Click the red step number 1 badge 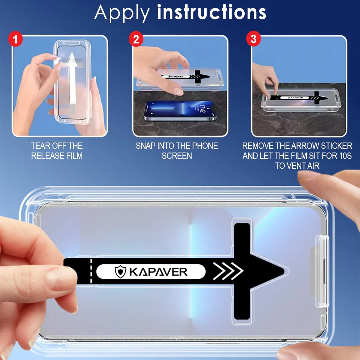[15, 39]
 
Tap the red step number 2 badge [136, 39]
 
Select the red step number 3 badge [253, 39]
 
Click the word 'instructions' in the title [212, 12]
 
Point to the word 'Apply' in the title [122, 13]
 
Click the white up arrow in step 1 [72, 78]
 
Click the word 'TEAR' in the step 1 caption [40, 146]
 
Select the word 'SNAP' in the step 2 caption [145, 146]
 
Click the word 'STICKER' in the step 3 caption [337, 146]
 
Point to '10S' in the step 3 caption [345, 156]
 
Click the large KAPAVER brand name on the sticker [158, 272]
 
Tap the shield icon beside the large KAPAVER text [120, 272]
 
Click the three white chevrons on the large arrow [228, 271]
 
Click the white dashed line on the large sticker [91, 271]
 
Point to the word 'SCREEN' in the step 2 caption [177, 156]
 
